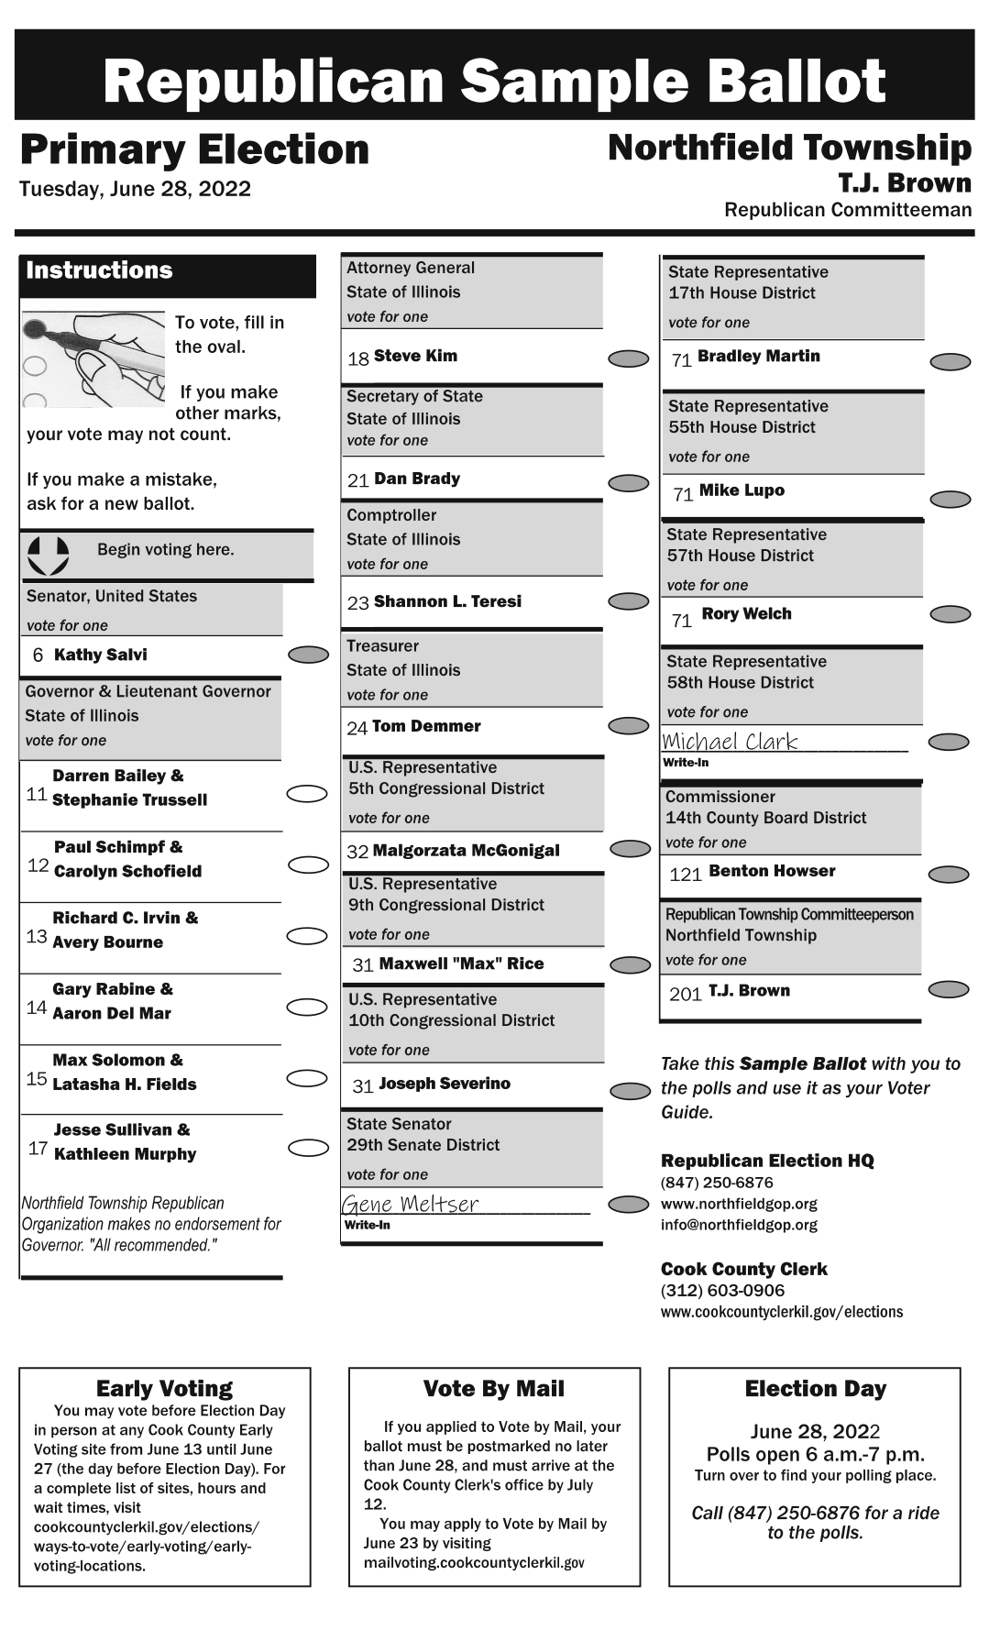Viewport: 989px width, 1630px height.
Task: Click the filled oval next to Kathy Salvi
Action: click(x=308, y=655)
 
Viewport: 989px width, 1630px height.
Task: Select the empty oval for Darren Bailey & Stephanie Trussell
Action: click(x=307, y=794)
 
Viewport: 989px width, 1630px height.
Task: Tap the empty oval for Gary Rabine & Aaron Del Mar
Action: click(x=307, y=1008)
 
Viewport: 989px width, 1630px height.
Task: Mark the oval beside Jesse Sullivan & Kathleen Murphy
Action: click(x=308, y=1148)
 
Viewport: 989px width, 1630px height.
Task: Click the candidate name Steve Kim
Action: click(x=415, y=356)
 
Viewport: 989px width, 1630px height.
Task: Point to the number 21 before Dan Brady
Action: click(x=357, y=480)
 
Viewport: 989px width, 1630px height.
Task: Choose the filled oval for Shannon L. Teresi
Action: click(x=629, y=601)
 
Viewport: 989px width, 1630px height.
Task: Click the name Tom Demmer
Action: click(x=426, y=726)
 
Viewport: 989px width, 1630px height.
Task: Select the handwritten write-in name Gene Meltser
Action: click(x=411, y=1204)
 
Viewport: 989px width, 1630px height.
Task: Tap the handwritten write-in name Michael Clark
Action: click(x=730, y=742)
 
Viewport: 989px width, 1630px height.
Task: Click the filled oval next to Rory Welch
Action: click(x=951, y=614)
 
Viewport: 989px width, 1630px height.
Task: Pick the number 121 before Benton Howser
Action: click(x=686, y=875)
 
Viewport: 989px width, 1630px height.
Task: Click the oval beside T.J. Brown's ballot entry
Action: click(x=949, y=989)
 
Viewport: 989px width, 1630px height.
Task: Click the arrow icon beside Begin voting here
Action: click(x=48, y=555)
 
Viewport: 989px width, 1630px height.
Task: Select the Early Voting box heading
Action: click(x=164, y=1388)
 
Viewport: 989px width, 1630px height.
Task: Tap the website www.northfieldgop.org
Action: click(x=739, y=1204)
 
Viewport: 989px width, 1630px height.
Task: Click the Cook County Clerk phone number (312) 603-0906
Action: click(x=722, y=1291)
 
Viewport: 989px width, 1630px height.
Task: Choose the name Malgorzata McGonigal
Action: click(x=466, y=851)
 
